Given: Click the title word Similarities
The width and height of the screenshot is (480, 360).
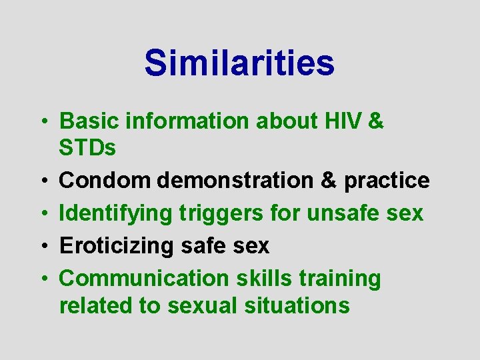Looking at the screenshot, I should point(239,63).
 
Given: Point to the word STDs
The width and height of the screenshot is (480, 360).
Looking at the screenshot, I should point(87,148).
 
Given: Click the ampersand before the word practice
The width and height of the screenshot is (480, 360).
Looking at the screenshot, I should point(320,180).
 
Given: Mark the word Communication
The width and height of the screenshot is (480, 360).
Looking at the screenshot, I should point(137,279).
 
